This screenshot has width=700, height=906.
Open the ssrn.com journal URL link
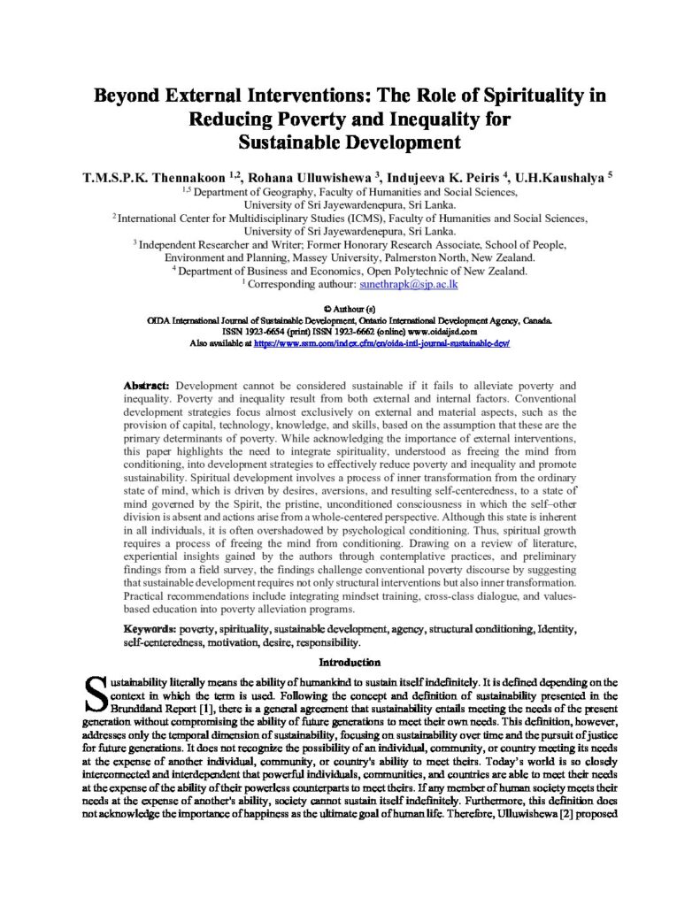pos(382,342)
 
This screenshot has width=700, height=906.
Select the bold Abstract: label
pos(149,387)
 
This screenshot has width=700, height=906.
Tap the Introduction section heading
pos(350,662)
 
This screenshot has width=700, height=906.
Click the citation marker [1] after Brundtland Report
pos(184,710)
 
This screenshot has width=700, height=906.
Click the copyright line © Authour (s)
pos(350,309)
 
